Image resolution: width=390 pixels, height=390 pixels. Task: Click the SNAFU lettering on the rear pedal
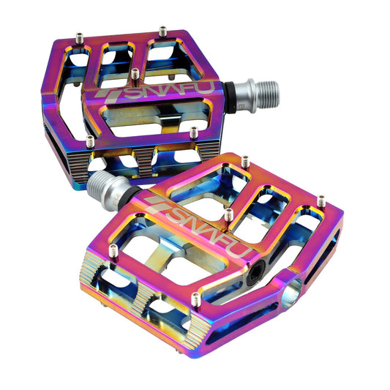(168, 91)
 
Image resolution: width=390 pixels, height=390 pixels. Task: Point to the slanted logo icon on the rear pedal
(108, 96)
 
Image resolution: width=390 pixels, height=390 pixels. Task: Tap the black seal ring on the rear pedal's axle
(229, 97)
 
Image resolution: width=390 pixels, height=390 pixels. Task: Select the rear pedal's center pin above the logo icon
(135, 74)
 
